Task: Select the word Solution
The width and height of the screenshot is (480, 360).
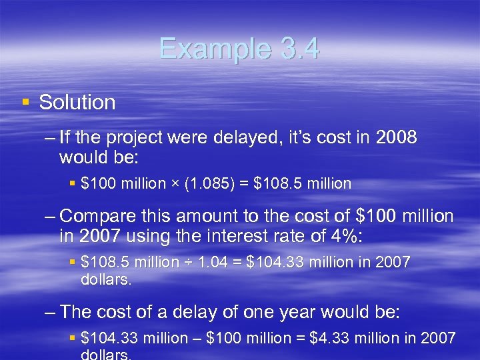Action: [x=77, y=103]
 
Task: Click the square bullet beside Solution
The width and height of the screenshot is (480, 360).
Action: [x=25, y=102]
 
